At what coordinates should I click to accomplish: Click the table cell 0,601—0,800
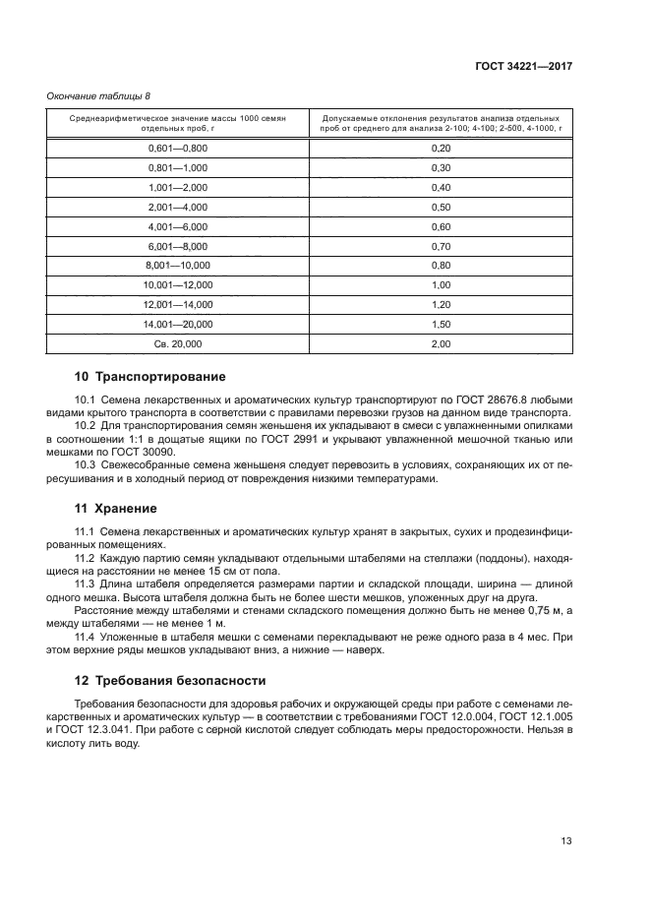(x=178, y=148)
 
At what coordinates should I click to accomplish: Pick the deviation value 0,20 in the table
(x=441, y=148)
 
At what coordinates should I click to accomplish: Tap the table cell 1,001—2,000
(x=178, y=187)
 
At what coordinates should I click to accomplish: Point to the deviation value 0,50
(x=441, y=207)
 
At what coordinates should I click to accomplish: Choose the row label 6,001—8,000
(x=178, y=246)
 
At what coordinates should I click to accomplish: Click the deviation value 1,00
(x=441, y=285)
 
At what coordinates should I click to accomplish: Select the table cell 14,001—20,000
(x=178, y=325)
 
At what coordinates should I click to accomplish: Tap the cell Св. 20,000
(x=178, y=344)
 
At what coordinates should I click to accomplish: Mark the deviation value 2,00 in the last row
(x=441, y=344)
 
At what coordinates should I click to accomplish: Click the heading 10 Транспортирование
(x=150, y=377)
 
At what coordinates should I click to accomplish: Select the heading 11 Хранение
(x=116, y=509)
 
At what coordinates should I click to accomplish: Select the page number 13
(x=565, y=841)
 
